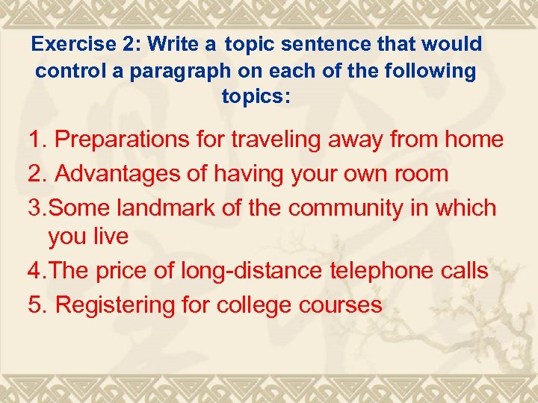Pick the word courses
click(341, 304)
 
